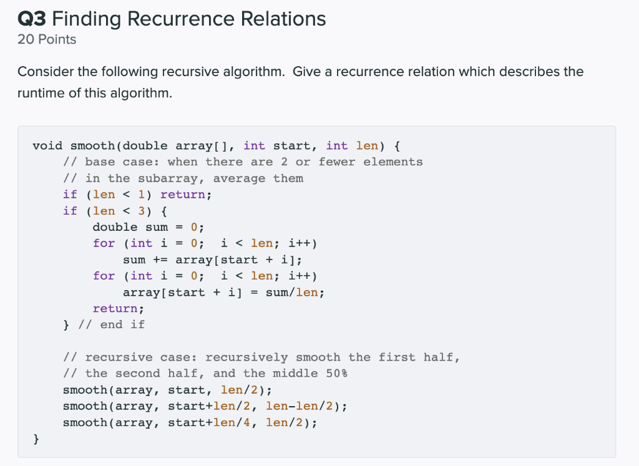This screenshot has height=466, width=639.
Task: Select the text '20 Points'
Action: pos(47,39)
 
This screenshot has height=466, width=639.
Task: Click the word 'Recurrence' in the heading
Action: pos(180,19)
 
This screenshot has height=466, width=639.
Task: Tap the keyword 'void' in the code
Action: pos(47,146)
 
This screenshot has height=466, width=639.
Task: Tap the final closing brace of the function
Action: pos(36,439)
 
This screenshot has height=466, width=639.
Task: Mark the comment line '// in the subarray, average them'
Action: pos(183,178)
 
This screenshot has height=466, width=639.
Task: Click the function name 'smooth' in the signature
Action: pos(92,146)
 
